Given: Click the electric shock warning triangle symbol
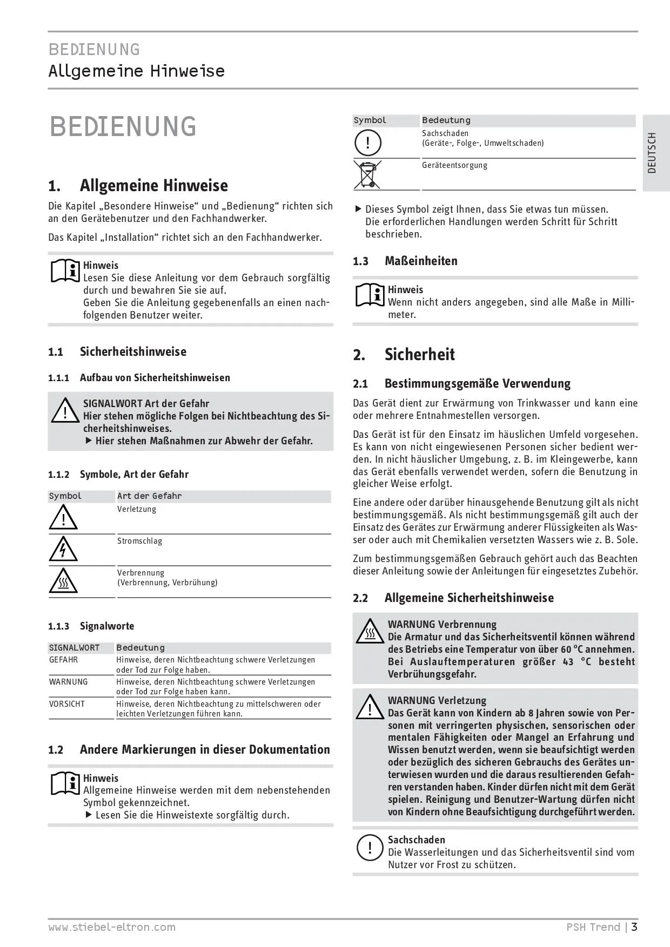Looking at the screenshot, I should [x=63, y=550].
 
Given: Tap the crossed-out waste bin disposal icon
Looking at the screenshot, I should [x=367, y=174].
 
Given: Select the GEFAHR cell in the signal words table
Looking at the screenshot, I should [x=63, y=660].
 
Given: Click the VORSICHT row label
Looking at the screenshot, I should [x=67, y=704].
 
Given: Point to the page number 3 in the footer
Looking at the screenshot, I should [x=634, y=927].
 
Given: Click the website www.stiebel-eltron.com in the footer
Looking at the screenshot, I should [x=112, y=928].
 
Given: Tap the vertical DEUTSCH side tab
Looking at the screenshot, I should [x=652, y=153].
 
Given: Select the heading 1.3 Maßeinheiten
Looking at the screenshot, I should [x=405, y=261].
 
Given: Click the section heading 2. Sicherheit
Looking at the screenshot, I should [x=404, y=355].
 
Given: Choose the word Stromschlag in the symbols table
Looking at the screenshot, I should [x=139, y=541].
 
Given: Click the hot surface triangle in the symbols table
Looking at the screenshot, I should [x=63, y=581].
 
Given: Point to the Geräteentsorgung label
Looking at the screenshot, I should [x=454, y=165].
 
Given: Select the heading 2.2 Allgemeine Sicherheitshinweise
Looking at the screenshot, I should [x=453, y=598].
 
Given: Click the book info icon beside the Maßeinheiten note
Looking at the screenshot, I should [x=370, y=295].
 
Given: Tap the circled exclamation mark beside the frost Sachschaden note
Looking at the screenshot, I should [x=369, y=848].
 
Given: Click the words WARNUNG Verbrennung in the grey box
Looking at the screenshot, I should [x=442, y=625].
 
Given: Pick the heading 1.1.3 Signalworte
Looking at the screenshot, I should [x=91, y=626].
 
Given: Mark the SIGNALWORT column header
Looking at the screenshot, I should [x=74, y=648].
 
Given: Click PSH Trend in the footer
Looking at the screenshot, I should [x=593, y=928].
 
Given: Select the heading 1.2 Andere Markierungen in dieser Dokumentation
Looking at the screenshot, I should [x=189, y=750].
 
